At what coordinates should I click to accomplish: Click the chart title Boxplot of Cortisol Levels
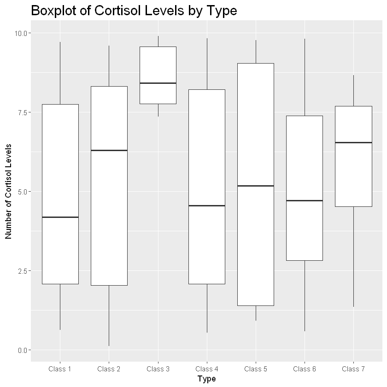pyautogui.click(x=134, y=11)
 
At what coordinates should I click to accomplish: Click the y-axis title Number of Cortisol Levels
pyautogui.click(x=8, y=191)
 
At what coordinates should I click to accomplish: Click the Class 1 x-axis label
pyautogui.click(x=60, y=369)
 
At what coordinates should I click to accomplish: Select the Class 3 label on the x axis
pyautogui.click(x=158, y=369)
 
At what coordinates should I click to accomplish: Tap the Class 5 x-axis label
pyautogui.click(x=256, y=369)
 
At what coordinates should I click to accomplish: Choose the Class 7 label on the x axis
pyautogui.click(x=353, y=369)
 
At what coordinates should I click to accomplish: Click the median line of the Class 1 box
pyautogui.click(x=60, y=217)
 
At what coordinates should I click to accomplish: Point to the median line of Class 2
pyautogui.click(x=109, y=150)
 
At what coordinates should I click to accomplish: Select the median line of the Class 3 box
pyautogui.click(x=158, y=83)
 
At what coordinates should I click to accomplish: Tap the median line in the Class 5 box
pyautogui.click(x=256, y=186)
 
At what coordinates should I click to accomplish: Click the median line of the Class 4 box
pyautogui.click(x=206, y=205)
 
